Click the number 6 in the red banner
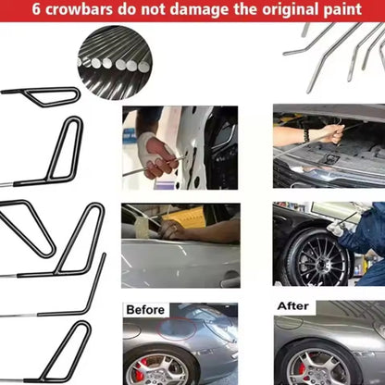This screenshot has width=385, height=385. point(36,9)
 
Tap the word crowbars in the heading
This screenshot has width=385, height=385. point(79,9)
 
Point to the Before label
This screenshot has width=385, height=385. point(145,310)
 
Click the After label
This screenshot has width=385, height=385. point(293,306)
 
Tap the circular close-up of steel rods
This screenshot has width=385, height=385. point(115,63)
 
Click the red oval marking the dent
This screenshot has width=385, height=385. point(177,327)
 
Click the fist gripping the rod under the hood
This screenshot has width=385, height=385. point(332,133)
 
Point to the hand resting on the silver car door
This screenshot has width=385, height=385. point(173,229)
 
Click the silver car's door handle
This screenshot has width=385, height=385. point(229,280)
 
